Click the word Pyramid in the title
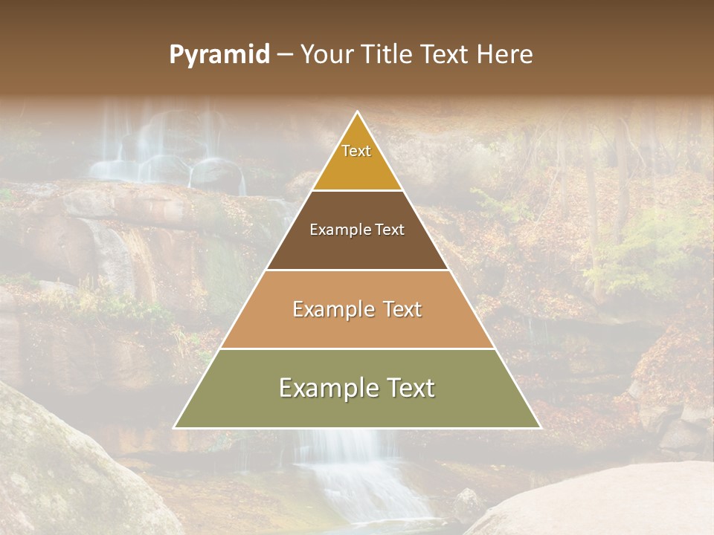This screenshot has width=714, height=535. click(x=219, y=55)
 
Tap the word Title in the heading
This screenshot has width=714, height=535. click(x=387, y=55)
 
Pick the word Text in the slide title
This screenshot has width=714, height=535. click(x=446, y=55)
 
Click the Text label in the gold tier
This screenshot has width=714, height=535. click(x=356, y=151)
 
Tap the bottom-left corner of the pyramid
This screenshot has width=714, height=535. click(x=175, y=428)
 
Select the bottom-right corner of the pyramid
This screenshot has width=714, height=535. click(x=540, y=428)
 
